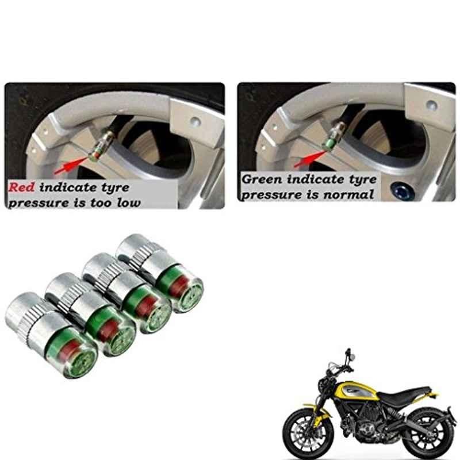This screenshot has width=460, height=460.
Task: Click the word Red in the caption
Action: pos(21,187)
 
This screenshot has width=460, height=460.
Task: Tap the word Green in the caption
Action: pos(262,179)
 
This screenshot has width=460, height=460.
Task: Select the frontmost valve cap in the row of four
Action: pos(51,335)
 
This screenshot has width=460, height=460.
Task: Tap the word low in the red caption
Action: pos(128,202)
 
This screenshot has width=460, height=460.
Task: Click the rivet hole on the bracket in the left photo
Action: pos(195,121)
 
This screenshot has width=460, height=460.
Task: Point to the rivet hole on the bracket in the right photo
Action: pos(432,105)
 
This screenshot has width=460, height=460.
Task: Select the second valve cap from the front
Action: pos(91,314)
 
